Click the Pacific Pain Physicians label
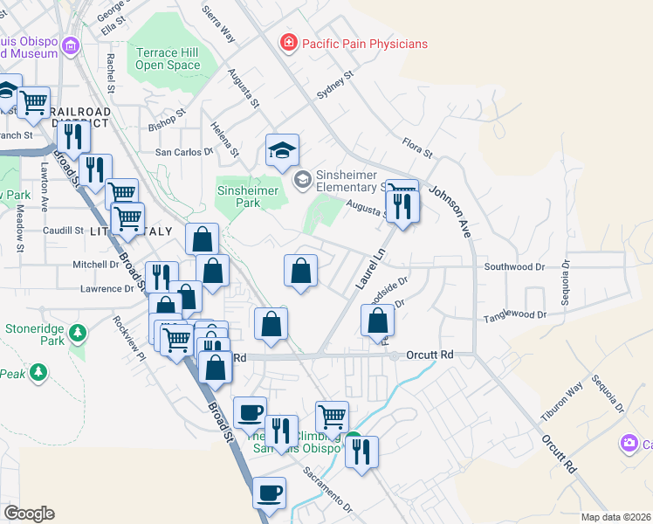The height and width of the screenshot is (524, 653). [364, 43]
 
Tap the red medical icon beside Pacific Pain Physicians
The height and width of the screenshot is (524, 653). [287, 43]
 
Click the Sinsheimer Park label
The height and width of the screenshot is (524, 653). [248, 196]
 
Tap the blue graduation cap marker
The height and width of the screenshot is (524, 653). [282, 152]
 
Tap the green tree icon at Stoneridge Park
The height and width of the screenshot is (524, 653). [78, 333]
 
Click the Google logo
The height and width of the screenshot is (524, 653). [29, 514]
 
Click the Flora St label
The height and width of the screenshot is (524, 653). [417, 147]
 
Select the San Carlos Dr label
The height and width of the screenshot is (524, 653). [184, 151]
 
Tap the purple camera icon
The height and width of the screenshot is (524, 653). [629, 444]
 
